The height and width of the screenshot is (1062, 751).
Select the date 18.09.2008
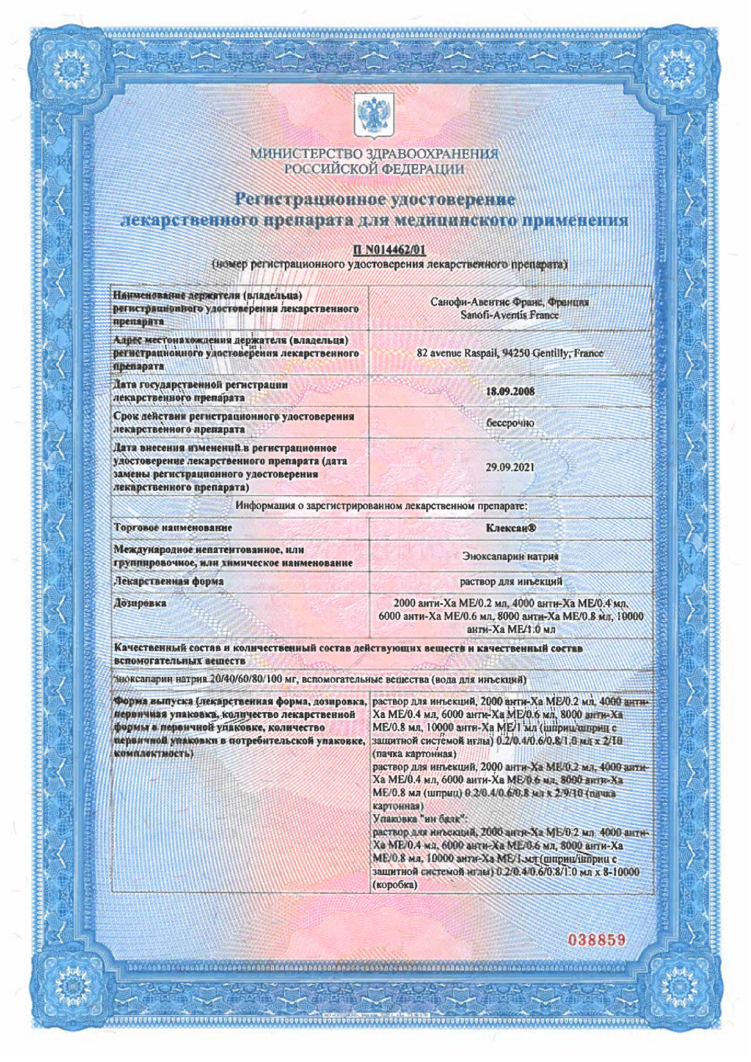click(x=510, y=391)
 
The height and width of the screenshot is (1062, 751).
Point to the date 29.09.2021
click(x=510, y=467)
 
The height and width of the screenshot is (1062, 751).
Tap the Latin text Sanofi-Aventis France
click(x=510, y=315)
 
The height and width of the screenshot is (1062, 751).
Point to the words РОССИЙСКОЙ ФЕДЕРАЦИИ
click(x=374, y=169)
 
